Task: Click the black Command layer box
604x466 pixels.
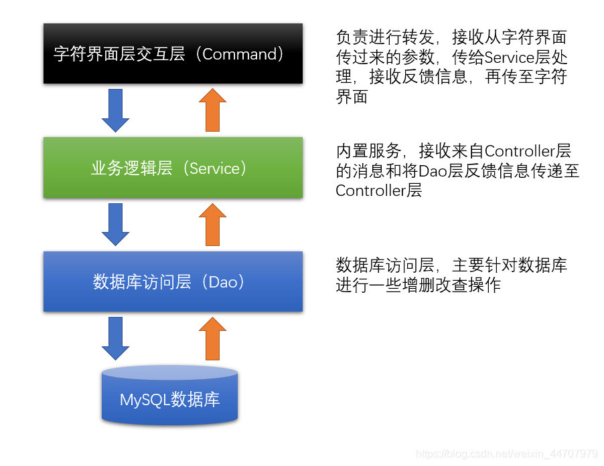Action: (x=173, y=53)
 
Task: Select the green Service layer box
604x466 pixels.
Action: (x=173, y=168)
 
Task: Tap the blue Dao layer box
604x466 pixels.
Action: (x=173, y=281)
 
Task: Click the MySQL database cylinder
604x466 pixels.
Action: (x=170, y=396)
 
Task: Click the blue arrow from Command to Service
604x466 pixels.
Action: (x=115, y=110)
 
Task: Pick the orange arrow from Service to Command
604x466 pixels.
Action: (x=213, y=110)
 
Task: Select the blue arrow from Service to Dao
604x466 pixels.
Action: (x=115, y=224)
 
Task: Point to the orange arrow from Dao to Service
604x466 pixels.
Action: (x=213, y=224)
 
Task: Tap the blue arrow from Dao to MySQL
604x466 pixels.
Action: (x=115, y=338)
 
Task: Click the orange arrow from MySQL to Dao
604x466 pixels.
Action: (x=213, y=338)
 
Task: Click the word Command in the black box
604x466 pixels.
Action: (x=240, y=54)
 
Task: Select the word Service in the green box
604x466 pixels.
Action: (x=214, y=168)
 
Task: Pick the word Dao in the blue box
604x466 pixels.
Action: (x=223, y=282)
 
